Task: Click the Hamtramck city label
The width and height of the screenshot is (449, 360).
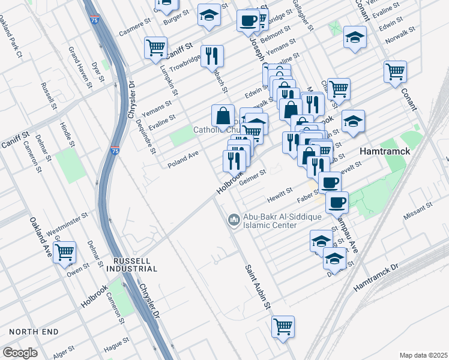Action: pos(385,152)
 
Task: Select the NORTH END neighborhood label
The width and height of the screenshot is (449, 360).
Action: pos(34,332)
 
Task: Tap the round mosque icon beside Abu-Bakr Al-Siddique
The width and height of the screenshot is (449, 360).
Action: pos(233,221)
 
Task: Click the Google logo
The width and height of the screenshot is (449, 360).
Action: pos(20,353)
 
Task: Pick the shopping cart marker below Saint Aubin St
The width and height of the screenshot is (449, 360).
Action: pos(283,327)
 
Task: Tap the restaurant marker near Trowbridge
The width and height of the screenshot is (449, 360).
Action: pos(212,56)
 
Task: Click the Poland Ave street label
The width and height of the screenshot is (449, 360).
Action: pos(183,158)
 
